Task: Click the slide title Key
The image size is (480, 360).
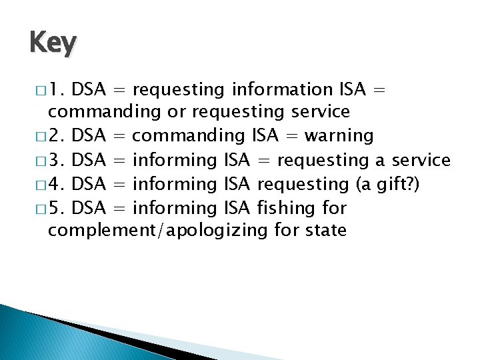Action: pos(53,43)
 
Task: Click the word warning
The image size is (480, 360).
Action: pos(339,137)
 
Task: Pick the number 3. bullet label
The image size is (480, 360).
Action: pos(55,161)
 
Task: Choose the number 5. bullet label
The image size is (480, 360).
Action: pos(55,209)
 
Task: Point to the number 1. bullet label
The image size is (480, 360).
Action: pos(55,89)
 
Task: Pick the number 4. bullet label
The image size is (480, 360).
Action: pos(55,185)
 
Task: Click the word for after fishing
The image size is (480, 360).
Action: pos(334,209)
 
